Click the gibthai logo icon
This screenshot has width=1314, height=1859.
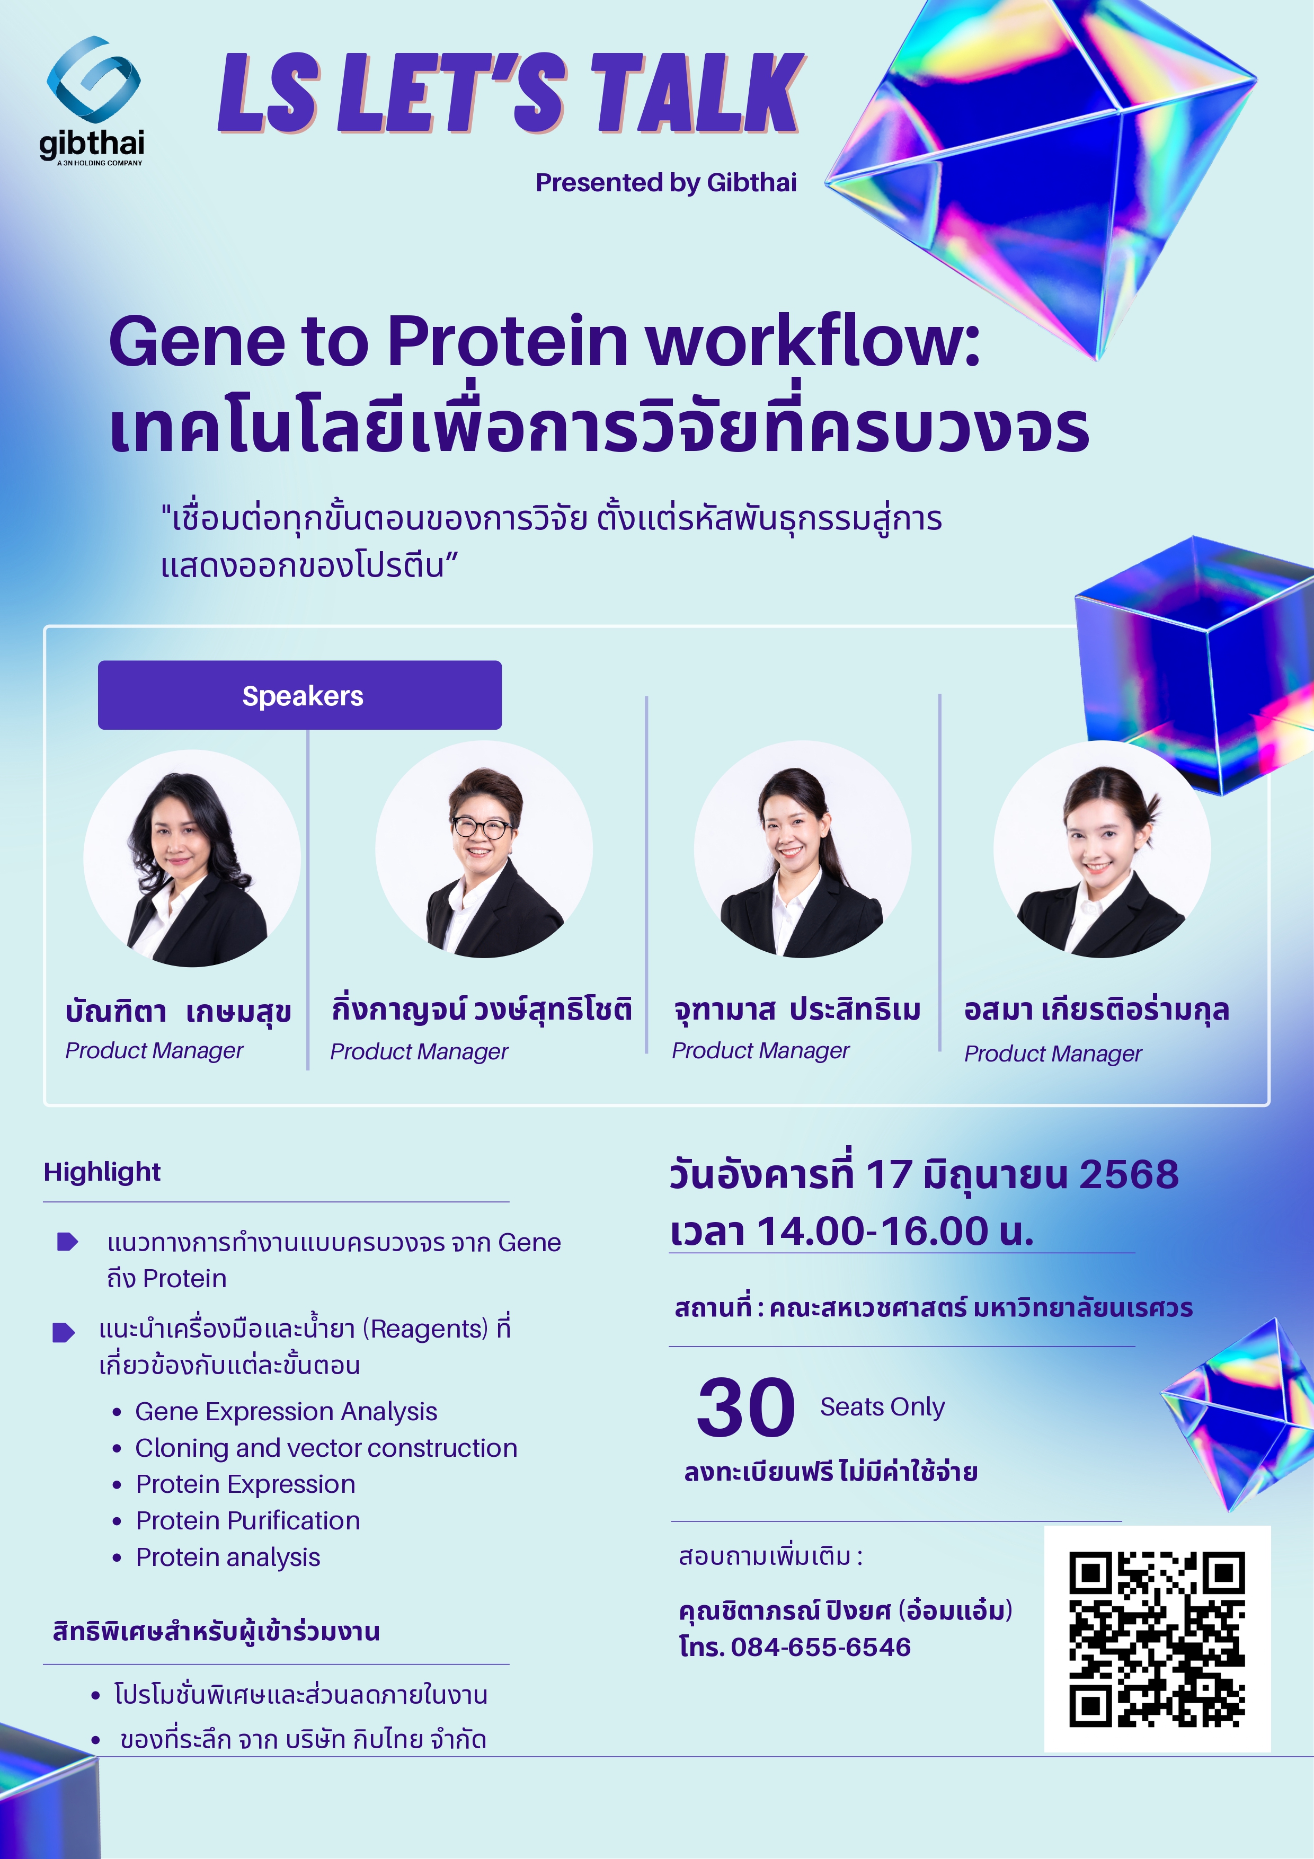tap(93, 79)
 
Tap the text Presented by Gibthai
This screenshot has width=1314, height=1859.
tap(665, 183)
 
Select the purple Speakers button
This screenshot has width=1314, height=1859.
tap(299, 695)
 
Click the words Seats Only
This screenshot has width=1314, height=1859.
tap(882, 1407)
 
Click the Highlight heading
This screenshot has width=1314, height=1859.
tap(102, 1172)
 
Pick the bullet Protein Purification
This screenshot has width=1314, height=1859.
tap(248, 1520)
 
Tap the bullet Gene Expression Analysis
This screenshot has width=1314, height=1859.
tap(286, 1411)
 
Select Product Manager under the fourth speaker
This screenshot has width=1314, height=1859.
tap(1052, 1054)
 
